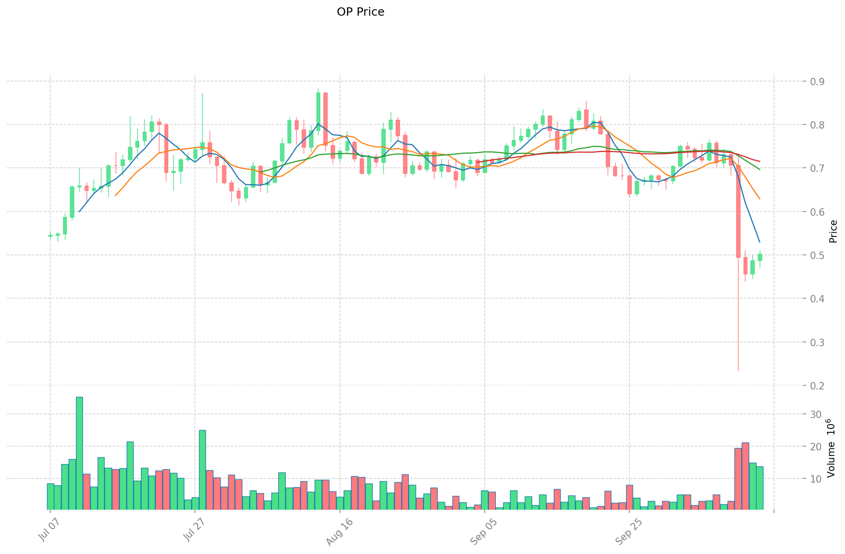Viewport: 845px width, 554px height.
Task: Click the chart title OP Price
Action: tap(360, 12)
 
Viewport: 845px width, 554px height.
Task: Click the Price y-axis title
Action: tap(833, 231)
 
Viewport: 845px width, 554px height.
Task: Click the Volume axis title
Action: tap(833, 448)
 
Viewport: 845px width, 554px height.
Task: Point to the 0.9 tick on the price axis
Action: tap(817, 82)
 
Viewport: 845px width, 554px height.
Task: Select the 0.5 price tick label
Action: tap(817, 255)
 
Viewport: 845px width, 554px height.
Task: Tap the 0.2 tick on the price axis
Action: tap(817, 386)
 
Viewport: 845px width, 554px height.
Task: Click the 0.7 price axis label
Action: tap(817, 168)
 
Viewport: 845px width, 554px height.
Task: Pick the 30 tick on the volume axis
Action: tap(816, 414)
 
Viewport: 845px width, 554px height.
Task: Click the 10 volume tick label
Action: tap(816, 479)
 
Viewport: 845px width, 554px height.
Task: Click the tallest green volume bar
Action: tap(79, 453)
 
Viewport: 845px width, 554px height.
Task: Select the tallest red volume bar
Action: tap(745, 476)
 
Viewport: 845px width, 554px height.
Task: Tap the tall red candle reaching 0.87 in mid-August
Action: tap(325, 119)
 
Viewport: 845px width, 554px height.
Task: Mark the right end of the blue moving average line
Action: tap(759, 242)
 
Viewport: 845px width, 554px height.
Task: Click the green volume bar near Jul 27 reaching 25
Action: tap(202, 470)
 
